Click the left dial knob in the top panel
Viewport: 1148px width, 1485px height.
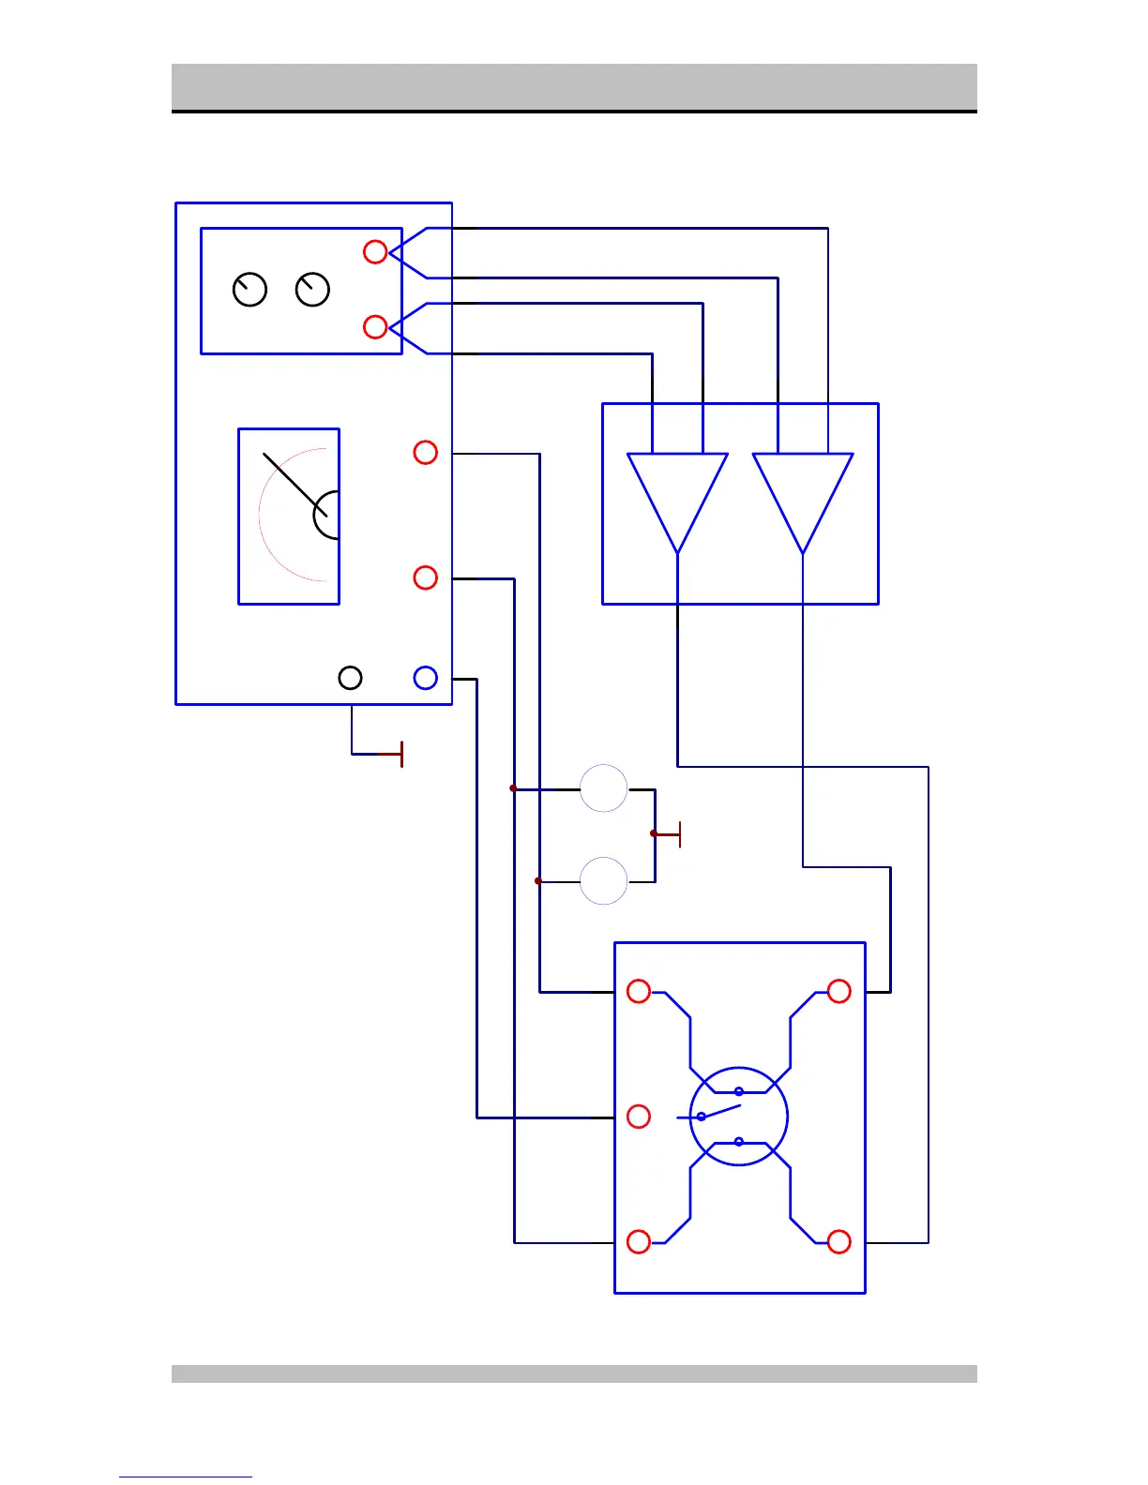coord(249,290)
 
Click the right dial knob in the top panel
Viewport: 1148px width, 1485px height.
coord(312,290)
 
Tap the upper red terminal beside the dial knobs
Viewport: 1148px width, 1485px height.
coord(375,251)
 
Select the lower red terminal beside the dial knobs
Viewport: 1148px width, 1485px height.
coord(375,326)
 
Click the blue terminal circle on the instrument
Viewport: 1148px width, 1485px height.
coord(425,678)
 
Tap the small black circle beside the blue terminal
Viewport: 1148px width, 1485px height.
coord(350,678)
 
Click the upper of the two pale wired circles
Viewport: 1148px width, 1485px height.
coord(603,788)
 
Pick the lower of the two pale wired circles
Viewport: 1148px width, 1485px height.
coord(603,880)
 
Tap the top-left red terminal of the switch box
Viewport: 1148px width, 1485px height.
coord(639,991)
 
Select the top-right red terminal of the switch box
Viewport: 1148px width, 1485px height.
coord(839,991)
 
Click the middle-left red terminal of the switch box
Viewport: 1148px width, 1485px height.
coord(639,1117)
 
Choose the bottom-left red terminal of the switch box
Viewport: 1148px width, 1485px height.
coord(639,1241)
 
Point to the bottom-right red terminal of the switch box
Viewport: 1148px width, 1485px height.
coord(839,1241)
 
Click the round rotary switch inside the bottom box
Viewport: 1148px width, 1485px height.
coord(738,1117)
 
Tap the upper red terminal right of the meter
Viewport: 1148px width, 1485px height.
coord(425,453)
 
